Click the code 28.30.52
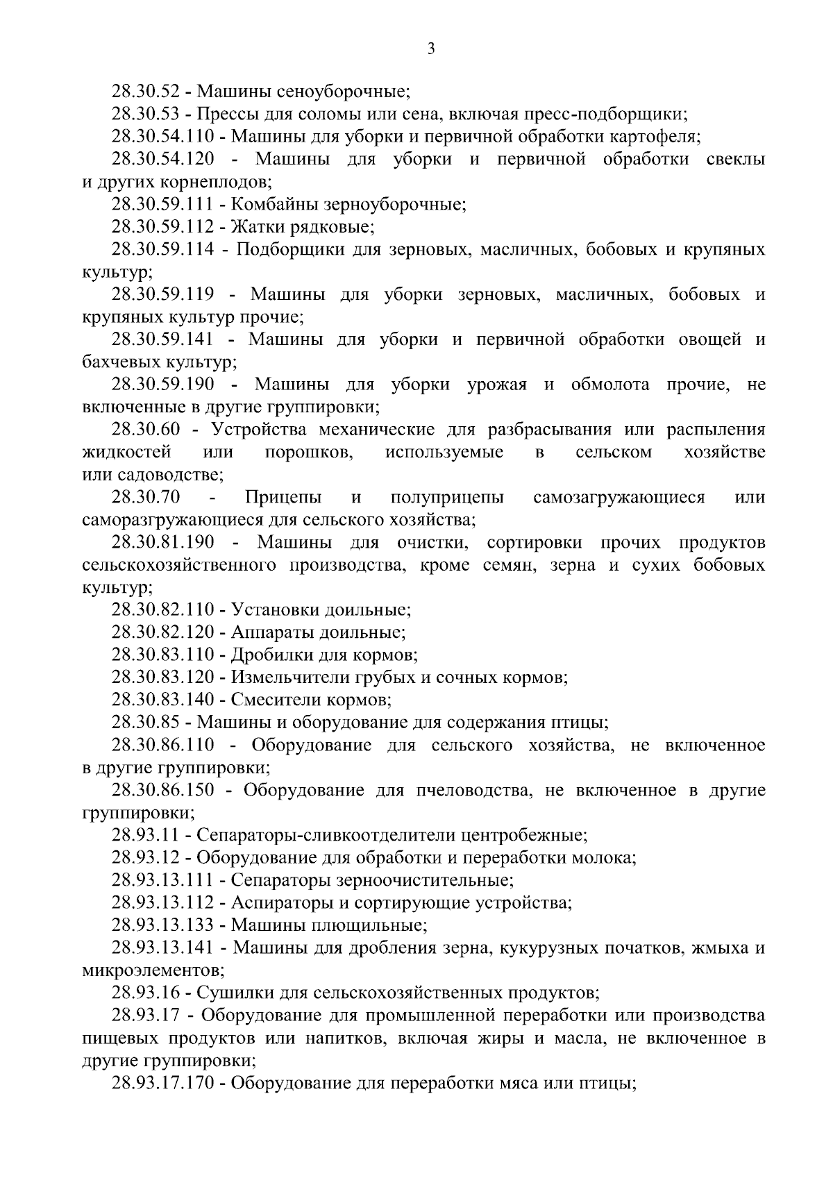(x=146, y=92)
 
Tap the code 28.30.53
(x=146, y=114)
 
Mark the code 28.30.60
(x=146, y=430)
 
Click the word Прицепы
(x=283, y=498)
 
